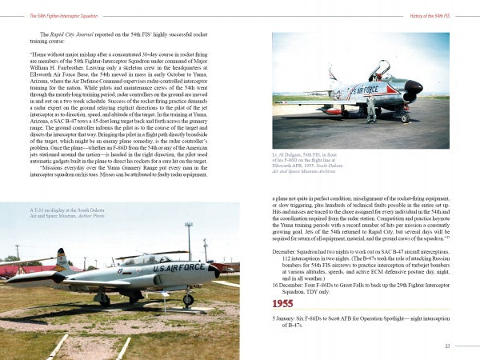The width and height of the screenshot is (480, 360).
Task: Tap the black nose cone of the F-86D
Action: coord(415,86)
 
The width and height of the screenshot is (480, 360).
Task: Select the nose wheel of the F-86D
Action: coord(404,118)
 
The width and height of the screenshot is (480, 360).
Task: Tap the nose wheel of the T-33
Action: coord(189,300)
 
